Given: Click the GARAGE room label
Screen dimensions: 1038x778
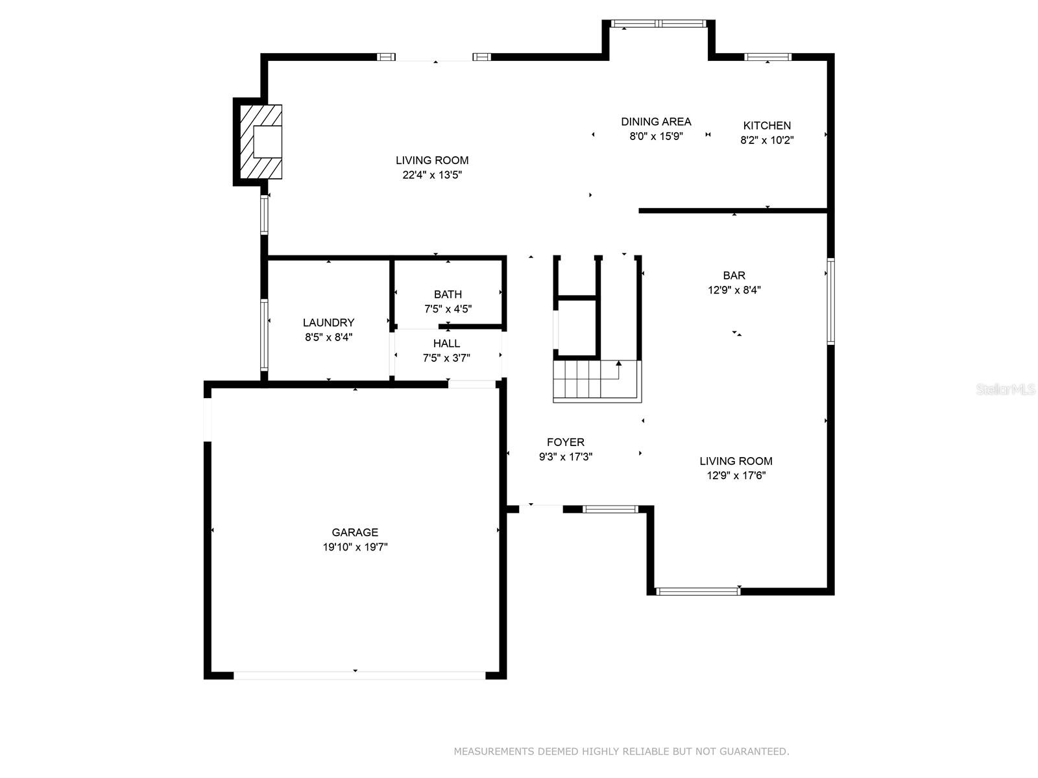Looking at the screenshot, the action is tap(355, 532).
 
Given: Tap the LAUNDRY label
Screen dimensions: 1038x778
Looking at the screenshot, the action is tap(329, 323).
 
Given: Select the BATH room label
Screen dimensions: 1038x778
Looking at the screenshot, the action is tap(448, 294).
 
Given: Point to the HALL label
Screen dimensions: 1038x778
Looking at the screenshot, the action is tap(446, 344).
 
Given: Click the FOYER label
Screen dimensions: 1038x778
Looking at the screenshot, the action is tap(566, 442).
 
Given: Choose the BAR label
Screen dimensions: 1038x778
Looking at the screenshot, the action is tap(734, 276).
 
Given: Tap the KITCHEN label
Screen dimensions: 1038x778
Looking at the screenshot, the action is tap(767, 126).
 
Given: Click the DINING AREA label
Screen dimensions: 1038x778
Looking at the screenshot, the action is tap(656, 122).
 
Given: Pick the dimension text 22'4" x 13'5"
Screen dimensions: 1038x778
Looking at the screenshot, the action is tap(432, 175).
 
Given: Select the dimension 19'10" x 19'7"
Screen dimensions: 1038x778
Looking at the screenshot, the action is tap(355, 547).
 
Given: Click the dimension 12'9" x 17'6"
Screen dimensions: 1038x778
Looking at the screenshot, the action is tap(736, 475).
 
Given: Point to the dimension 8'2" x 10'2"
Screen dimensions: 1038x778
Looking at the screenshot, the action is tap(767, 140).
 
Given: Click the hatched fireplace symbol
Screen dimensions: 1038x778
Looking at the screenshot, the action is tap(261, 142).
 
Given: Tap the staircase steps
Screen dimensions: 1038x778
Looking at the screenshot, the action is tap(597, 381).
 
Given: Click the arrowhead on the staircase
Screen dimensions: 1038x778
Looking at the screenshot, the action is tap(618, 363).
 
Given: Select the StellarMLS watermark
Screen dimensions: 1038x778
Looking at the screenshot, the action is tap(1006, 389).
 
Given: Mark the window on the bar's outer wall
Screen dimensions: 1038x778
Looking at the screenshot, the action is tap(830, 301).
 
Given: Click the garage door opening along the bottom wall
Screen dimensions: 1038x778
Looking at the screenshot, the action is tap(360, 676).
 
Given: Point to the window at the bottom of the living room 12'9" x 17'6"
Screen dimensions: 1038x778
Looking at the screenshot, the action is tap(698, 591).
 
